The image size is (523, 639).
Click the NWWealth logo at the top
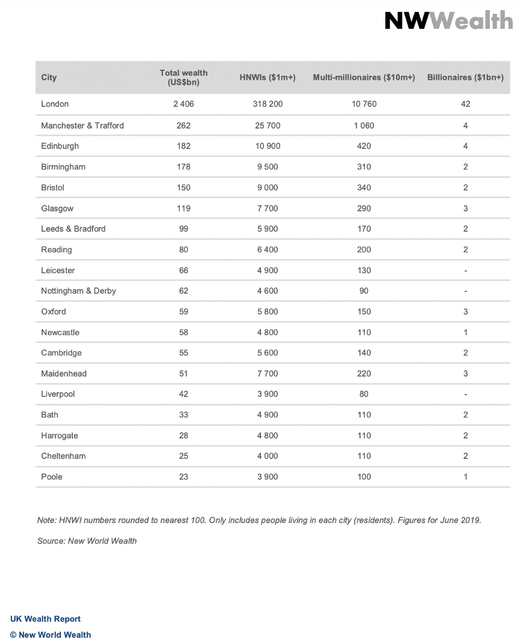point(448,21)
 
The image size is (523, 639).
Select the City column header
point(49,77)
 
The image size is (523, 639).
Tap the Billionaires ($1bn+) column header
point(465,77)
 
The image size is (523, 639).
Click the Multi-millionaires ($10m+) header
point(364,77)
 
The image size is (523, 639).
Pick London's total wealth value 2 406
point(183,104)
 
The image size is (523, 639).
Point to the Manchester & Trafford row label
point(82,126)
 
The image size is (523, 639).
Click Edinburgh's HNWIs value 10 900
point(268,146)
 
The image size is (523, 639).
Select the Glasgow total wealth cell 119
point(183,208)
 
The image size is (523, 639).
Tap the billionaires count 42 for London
point(465,104)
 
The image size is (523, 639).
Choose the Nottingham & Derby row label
point(78,291)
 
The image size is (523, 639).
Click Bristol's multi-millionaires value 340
point(364,187)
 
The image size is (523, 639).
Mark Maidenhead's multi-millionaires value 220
point(364,374)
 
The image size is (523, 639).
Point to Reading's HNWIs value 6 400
point(268,249)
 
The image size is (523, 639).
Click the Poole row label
point(52,477)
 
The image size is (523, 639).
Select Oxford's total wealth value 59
point(183,312)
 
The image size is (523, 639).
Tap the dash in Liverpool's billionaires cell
point(465,395)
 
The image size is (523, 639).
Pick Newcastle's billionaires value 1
point(465,332)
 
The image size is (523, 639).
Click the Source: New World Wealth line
point(87,541)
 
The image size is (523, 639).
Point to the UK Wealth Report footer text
point(45,619)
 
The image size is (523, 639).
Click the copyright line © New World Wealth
point(50,634)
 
